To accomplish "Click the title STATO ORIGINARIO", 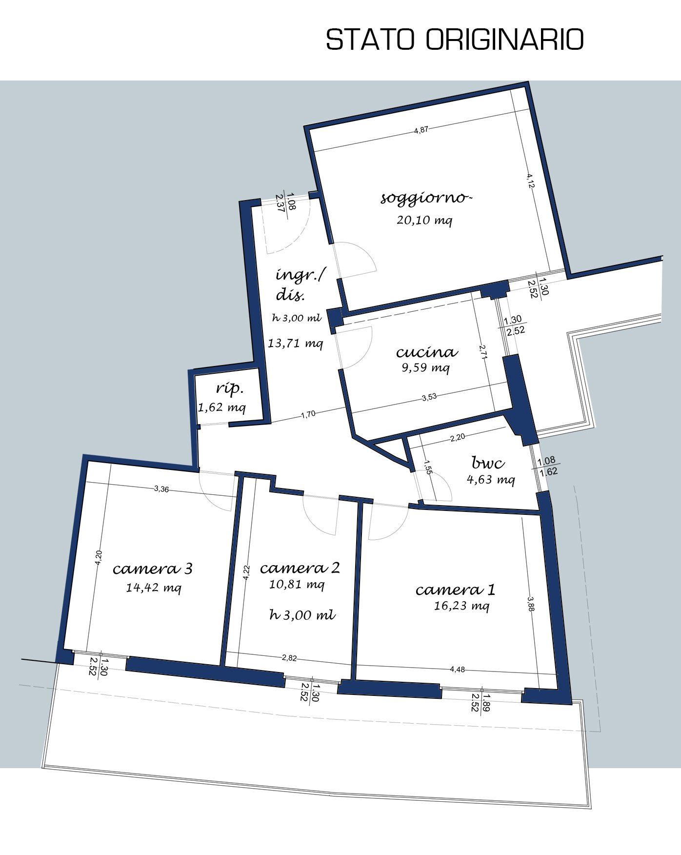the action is point(455,40).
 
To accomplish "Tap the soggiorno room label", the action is point(426,199).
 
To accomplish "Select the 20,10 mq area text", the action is point(424,220).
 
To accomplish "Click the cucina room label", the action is point(427,352).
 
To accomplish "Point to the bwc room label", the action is point(488,462).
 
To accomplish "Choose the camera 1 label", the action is point(455,590).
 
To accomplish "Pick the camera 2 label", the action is point(300,568).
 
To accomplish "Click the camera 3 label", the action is point(152,569).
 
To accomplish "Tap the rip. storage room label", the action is point(229,389).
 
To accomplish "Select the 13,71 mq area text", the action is point(296,343).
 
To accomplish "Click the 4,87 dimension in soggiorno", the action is point(421,130).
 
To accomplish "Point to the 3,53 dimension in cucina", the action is point(429,397).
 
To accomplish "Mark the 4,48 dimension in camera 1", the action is point(458,670).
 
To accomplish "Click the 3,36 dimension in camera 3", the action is point(161,489).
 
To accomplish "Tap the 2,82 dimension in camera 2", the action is point(289,658).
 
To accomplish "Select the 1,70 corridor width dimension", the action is point(308,414).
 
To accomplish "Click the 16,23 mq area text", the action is point(461,606).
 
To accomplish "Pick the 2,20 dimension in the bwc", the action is point(457,438).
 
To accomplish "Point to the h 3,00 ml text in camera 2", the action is point(302,615).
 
